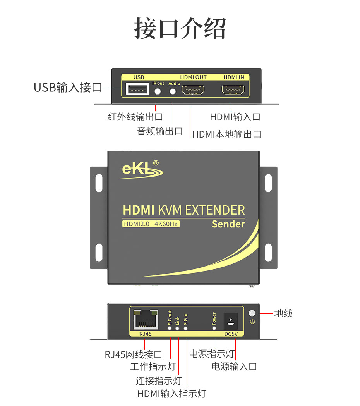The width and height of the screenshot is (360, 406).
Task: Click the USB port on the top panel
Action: (136, 89)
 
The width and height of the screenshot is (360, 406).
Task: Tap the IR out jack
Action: (158, 91)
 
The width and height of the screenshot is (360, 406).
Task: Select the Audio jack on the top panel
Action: (173, 91)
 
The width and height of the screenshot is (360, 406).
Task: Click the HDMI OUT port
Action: (193, 91)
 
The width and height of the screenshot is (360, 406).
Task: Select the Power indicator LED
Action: (214, 327)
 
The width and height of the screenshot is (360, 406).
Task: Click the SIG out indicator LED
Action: (170, 328)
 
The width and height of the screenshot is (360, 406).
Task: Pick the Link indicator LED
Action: (177, 328)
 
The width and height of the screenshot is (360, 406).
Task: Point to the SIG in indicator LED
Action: (185, 328)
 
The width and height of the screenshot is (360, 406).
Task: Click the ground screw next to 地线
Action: (252, 313)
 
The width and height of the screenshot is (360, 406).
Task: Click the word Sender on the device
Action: (228, 224)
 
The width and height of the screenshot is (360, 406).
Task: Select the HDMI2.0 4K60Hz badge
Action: (151, 224)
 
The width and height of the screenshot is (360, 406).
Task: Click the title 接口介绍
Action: (180, 28)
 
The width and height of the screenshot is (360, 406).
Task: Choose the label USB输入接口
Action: (68, 88)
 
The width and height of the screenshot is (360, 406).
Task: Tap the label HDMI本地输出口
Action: (226, 134)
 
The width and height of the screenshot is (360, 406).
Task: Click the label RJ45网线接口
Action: (134, 354)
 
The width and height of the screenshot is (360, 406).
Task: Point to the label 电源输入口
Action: (234, 366)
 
